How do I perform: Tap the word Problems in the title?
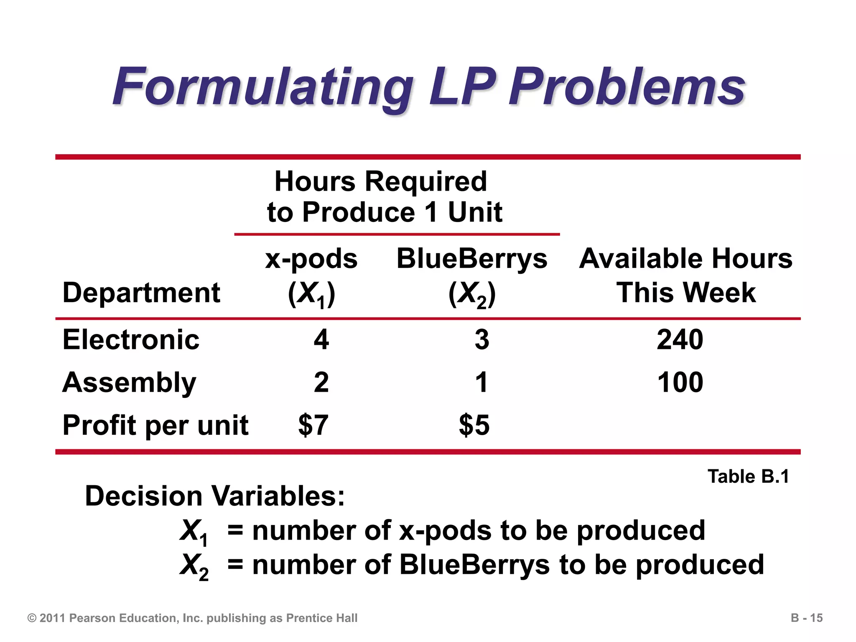tap(627, 87)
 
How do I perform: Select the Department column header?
tap(141, 292)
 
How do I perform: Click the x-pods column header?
tap(311, 259)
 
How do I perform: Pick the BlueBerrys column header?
tap(471, 259)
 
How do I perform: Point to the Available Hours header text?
tap(685, 259)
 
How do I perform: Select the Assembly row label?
tap(129, 382)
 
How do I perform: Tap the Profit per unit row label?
tap(155, 425)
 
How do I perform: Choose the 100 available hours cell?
tap(680, 382)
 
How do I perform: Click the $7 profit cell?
tap(313, 425)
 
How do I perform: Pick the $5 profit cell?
tap(474, 425)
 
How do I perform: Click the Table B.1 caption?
tap(748, 476)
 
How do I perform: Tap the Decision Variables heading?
tap(215, 496)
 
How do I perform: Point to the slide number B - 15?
tap(807, 618)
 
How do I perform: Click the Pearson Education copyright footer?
tap(192, 618)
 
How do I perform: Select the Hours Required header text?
tap(380, 182)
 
